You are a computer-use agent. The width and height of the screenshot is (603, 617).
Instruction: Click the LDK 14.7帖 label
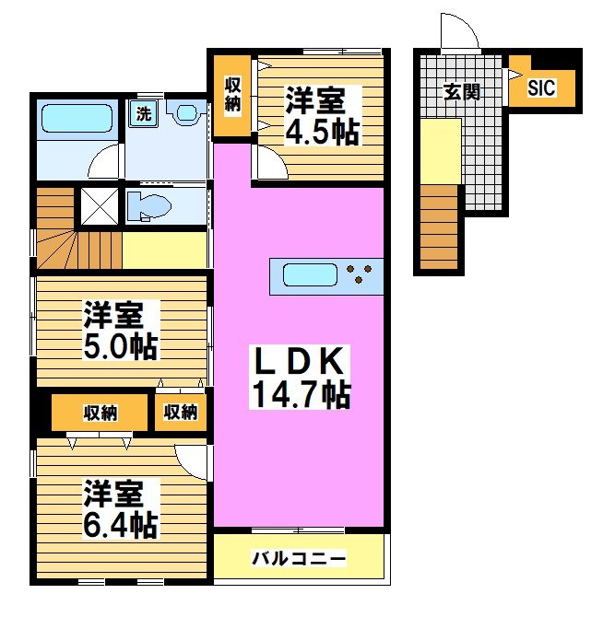[x=299, y=378]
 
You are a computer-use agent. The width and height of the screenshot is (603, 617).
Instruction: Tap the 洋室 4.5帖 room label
[x=320, y=116]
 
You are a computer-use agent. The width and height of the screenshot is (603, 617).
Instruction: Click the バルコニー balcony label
[x=299, y=558]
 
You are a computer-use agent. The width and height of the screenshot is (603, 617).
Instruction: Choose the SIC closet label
[x=542, y=87]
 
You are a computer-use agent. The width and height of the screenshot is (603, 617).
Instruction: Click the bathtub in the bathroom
[x=78, y=119]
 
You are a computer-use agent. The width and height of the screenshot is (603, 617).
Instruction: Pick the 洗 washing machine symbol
[x=143, y=114]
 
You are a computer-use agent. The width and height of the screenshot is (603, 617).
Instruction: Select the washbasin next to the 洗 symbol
[x=186, y=113]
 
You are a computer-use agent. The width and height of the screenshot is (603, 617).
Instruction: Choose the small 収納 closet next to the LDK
[x=182, y=413]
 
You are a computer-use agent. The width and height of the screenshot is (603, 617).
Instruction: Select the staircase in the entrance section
[x=440, y=227]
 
